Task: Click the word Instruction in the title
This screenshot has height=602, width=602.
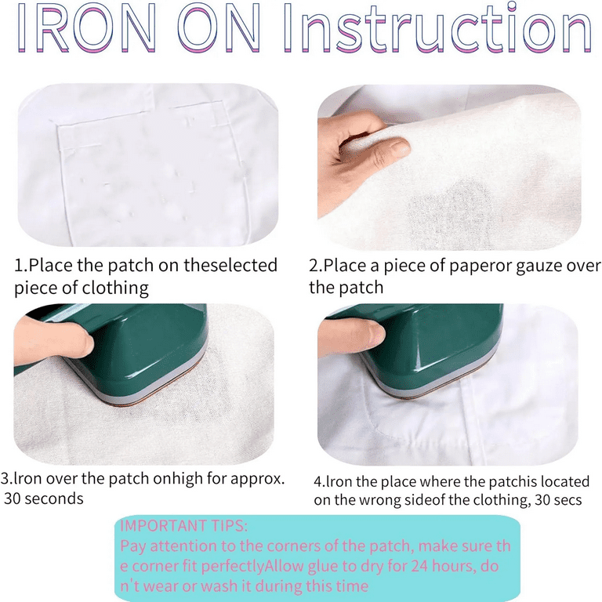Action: coord(437,27)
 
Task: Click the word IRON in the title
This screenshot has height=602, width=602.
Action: coord(87,27)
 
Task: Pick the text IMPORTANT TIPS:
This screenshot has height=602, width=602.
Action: coord(184,526)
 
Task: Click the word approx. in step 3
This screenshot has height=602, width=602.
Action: coord(258,480)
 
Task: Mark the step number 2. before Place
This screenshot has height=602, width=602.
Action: coord(315,266)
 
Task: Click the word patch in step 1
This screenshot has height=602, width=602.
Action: coord(130,266)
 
